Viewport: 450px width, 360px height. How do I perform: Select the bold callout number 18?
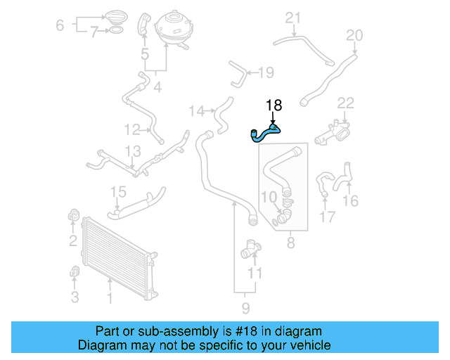click(274, 105)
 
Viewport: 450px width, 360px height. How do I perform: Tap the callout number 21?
click(292, 18)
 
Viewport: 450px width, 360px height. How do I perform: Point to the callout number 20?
click(354, 35)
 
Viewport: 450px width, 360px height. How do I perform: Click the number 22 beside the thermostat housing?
click(345, 103)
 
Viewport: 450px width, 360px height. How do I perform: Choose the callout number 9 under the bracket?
click(245, 307)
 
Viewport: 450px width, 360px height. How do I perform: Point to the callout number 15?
click(118, 192)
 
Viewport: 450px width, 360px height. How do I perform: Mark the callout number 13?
click(133, 150)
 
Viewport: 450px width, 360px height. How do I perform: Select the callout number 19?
click(265, 72)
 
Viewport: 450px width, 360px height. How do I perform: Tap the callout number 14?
click(197, 111)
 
